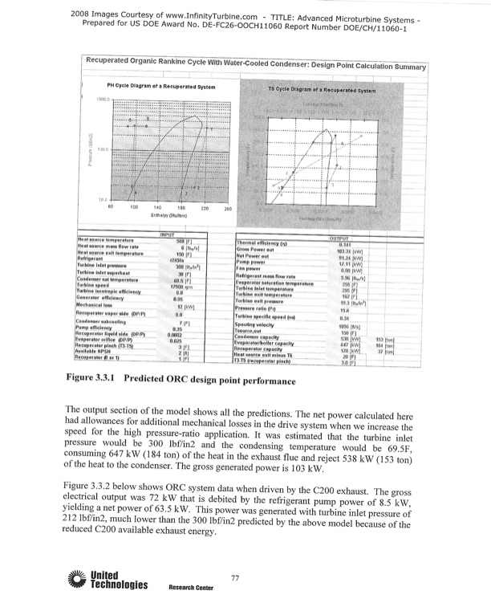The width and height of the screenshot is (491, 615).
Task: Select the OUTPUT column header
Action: click(345, 238)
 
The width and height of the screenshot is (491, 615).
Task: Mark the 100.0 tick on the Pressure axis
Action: click(102, 149)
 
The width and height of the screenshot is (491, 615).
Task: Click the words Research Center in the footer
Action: click(190, 589)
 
